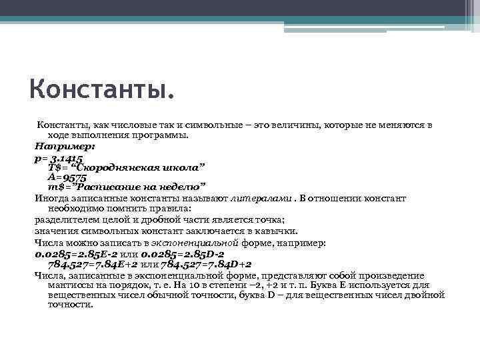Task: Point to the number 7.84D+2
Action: tap(223, 265)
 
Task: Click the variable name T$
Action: tap(54, 167)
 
